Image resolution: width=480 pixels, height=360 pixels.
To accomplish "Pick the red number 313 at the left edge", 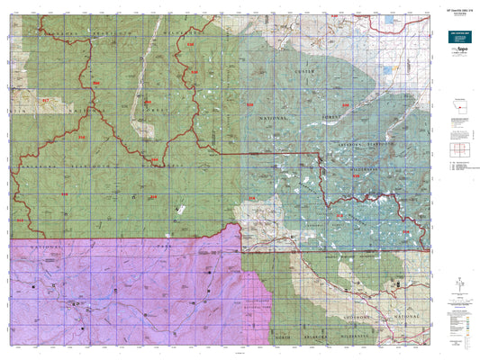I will pyautogui.click(x=20, y=220).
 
